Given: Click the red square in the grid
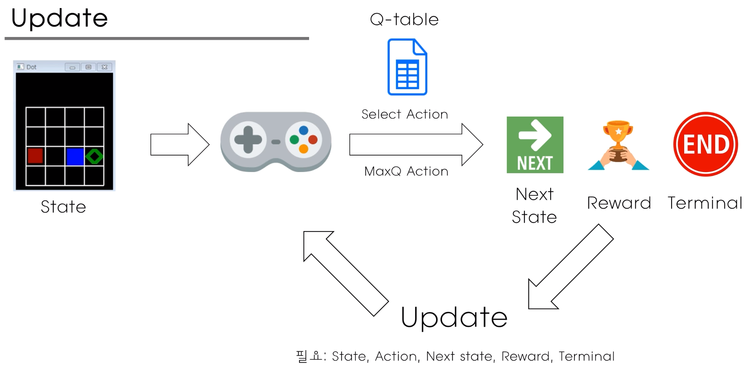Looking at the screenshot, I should pyautogui.click(x=35, y=156).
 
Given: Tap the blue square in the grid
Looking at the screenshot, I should pyautogui.click(x=75, y=156).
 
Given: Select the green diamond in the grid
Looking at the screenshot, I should pyautogui.click(x=94, y=156).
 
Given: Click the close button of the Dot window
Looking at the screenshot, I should pyautogui.click(x=105, y=67).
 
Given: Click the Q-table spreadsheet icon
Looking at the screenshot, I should pyautogui.click(x=407, y=67).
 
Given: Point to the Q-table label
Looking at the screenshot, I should pyautogui.click(x=404, y=19).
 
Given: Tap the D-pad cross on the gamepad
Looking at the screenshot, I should pyautogui.click(x=248, y=140).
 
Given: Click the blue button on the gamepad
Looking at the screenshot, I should pyautogui.click(x=303, y=130).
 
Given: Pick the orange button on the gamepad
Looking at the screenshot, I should pyautogui.click(x=303, y=149).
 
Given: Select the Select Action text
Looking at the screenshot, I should pyautogui.click(x=404, y=115).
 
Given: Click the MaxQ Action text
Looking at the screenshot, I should pyautogui.click(x=406, y=172).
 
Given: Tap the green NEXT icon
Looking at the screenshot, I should pyautogui.click(x=535, y=145).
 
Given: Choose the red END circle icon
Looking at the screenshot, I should pyautogui.click(x=705, y=144).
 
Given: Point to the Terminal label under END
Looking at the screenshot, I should pyautogui.click(x=705, y=203).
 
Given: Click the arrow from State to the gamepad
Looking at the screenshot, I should pyautogui.click(x=180, y=145).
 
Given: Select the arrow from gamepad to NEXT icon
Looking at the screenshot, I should pyautogui.click(x=416, y=145).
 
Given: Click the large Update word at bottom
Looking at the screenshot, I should pyautogui.click(x=454, y=318).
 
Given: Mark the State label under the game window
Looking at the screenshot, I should pyautogui.click(x=64, y=207).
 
